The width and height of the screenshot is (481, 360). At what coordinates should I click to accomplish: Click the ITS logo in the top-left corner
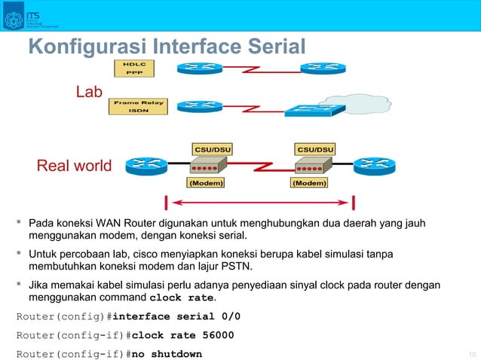point(14,19)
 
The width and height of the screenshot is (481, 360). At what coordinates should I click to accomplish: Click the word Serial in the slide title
point(272,47)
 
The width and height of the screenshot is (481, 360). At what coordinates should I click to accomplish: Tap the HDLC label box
point(134,64)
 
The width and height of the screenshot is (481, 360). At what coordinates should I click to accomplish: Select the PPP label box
point(134,73)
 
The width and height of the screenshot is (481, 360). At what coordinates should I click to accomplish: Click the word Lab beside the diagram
point(88,93)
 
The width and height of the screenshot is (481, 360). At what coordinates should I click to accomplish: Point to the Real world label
point(74,166)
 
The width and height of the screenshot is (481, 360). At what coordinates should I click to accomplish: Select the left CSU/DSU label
point(213,148)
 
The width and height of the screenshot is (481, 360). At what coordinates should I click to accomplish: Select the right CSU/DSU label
point(315,148)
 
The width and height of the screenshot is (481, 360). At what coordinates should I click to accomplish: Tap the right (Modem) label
point(310,182)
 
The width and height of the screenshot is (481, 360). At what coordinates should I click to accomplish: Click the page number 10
point(473,355)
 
